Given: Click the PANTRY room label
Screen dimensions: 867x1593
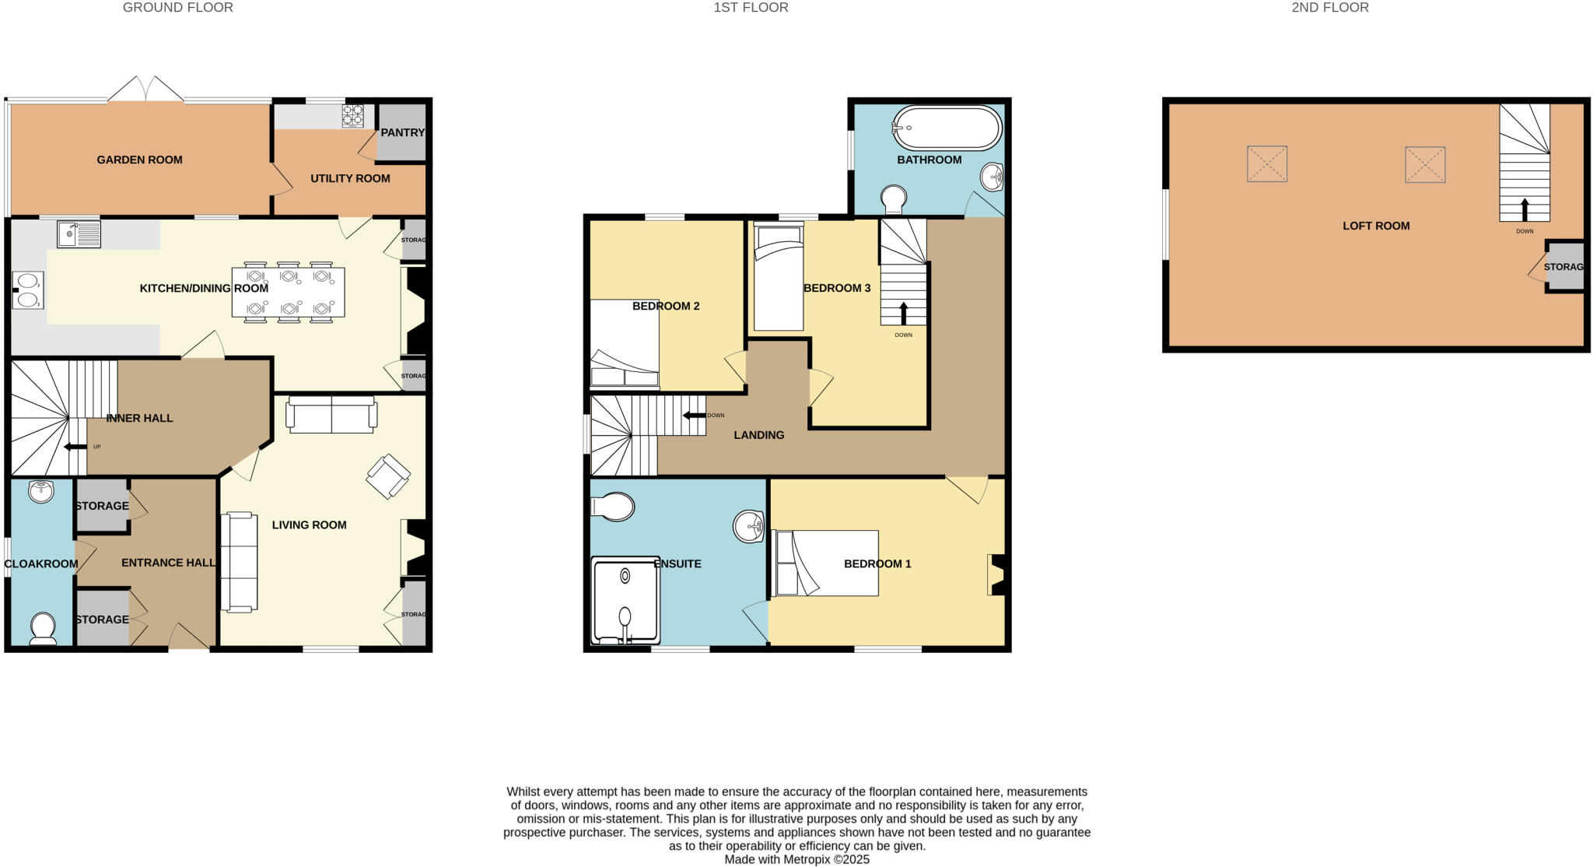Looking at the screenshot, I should (402, 132).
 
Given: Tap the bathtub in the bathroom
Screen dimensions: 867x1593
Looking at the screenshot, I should (947, 128).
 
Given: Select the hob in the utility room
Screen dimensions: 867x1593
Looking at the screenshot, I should (353, 115).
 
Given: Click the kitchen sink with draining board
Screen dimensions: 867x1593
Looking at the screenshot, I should (79, 233).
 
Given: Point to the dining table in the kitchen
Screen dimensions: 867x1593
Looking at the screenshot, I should (288, 292).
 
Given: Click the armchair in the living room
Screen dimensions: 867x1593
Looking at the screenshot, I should (388, 476).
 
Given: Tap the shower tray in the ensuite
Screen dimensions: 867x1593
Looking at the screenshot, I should (625, 600).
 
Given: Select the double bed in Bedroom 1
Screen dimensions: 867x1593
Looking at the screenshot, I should (826, 563).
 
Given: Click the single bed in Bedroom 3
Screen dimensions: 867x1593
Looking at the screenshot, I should (779, 276).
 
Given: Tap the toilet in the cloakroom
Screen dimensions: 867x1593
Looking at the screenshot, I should (43, 628).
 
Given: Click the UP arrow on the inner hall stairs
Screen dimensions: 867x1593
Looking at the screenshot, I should (75, 447).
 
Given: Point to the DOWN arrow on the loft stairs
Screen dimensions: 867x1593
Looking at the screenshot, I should (1525, 209).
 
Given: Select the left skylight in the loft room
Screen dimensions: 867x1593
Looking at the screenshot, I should (1267, 164).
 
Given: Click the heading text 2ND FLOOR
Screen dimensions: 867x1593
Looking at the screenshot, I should (1329, 8).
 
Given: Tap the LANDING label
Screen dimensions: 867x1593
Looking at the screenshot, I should (758, 435).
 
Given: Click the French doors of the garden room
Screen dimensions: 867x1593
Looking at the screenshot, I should (146, 90).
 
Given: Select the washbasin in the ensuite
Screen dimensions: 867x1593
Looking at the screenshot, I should (749, 527).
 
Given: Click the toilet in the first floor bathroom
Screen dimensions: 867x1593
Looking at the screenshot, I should (894, 198).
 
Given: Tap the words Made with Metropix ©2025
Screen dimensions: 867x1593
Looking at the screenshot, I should (796, 859).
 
